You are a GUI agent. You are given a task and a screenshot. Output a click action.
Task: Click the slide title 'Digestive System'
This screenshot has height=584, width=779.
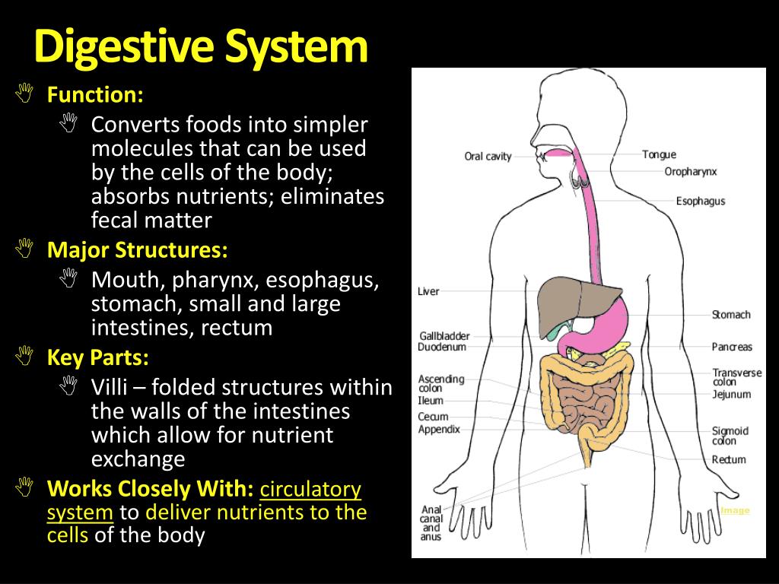click(201, 47)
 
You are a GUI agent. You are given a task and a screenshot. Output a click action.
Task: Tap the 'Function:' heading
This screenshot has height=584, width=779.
click(95, 96)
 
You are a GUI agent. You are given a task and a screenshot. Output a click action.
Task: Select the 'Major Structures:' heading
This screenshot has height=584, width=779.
click(137, 250)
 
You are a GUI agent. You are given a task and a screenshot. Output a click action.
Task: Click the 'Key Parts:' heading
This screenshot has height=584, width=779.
click(98, 357)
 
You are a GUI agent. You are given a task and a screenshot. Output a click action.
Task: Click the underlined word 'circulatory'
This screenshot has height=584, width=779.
click(311, 489)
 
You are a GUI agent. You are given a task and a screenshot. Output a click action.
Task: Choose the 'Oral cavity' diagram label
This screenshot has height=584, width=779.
click(488, 157)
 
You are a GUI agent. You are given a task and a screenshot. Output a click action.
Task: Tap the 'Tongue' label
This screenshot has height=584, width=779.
click(659, 155)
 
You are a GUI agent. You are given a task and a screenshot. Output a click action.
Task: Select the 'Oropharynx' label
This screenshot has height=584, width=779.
click(690, 172)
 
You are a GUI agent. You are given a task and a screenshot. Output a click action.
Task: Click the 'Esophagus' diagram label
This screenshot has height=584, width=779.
click(700, 202)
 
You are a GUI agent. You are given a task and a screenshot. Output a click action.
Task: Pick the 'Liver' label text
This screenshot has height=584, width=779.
click(428, 291)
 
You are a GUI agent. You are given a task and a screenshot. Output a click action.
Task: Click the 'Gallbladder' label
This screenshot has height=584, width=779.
click(444, 336)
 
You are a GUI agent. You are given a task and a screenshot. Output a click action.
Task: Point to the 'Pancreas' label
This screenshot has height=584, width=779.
click(732, 347)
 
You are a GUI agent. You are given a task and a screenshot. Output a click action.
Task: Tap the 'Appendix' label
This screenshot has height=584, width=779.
click(438, 430)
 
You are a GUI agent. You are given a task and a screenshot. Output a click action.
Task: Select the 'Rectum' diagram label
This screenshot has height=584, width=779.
click(728, 460)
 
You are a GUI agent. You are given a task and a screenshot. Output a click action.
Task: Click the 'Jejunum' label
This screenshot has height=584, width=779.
click(731, 395)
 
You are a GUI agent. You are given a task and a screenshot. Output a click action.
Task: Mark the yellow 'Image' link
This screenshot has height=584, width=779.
click(735, 510)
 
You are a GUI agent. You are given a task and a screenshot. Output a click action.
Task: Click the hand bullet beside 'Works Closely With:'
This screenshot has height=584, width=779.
click(25, 485)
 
